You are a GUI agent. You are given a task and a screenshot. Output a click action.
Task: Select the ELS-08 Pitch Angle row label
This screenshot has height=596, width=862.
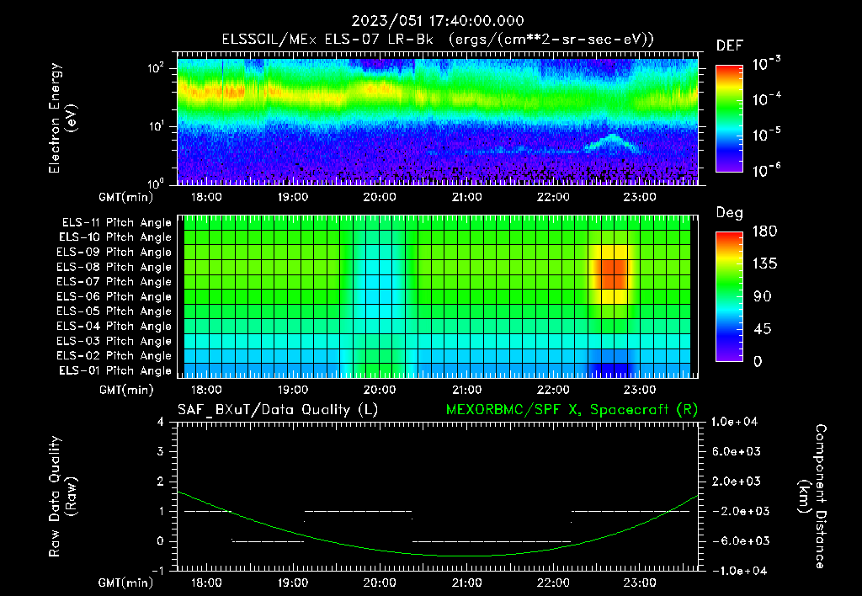point(114,267)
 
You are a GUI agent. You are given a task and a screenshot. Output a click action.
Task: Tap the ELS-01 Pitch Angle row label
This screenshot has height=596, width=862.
point(114,370)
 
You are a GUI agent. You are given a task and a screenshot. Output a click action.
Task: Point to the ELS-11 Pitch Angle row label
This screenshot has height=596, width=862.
point(114,222)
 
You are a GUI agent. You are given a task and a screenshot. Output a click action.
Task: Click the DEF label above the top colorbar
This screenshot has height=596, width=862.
point(729,45)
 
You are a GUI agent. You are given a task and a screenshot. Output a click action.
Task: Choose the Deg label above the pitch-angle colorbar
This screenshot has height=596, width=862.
point(729,213)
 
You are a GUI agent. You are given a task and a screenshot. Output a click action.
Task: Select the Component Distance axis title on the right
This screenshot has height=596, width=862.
point(813,496)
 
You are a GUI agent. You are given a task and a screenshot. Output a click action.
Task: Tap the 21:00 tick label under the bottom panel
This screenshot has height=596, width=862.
point(466,583)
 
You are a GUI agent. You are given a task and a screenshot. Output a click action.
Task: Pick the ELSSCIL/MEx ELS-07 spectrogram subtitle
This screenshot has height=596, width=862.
point(431,40)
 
